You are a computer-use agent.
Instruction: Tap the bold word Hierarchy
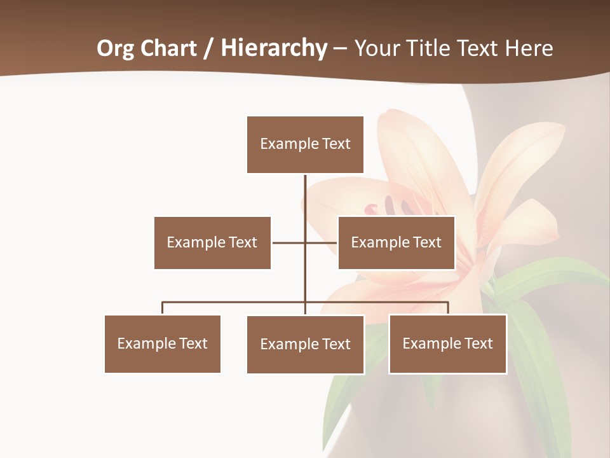coord(274,48)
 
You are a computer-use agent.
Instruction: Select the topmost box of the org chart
coord(305,144)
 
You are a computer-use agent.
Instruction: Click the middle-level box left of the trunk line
coord(212,242)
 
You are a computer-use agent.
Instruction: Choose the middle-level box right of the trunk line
coord(396,242)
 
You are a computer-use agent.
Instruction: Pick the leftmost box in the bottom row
coord(162,343)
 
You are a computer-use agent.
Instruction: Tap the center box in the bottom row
coord(305,344)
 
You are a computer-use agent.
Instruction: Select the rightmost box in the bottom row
coord(447,343)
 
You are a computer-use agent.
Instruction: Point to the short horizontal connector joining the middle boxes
coord(289,242)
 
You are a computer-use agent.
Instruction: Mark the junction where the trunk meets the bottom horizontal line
coord(305,302)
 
